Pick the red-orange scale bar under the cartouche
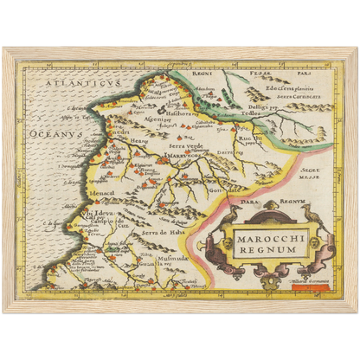[307, 277]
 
